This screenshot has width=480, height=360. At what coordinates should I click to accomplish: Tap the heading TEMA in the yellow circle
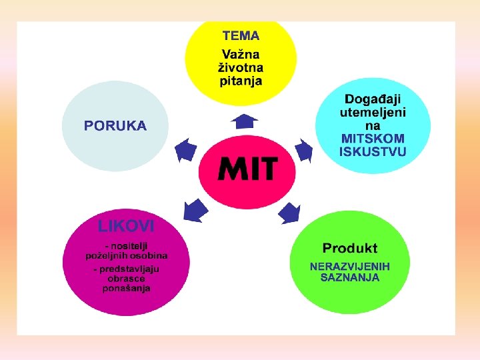(x=241, y=36)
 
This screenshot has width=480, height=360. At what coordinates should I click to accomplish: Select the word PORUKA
(x=115, y=125)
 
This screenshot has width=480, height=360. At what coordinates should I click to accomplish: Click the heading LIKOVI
(x=126, y=226)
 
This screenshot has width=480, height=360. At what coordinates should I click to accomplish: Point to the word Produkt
(x=350, y=248)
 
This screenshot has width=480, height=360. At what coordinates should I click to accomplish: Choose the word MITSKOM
(x=373, y=138)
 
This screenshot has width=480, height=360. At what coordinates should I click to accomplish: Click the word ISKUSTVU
(x=373, y=151)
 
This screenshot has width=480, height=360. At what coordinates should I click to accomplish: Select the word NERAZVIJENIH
(x=350, y=266)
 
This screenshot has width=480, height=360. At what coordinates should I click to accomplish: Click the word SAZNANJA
(x=350, y=277)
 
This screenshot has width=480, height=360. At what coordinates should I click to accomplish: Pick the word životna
(x=241, y=67)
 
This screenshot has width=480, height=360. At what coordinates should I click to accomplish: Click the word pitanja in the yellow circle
(x=241, y=81)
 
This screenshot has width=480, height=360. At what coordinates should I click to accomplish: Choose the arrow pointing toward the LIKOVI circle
(x=196, y=210)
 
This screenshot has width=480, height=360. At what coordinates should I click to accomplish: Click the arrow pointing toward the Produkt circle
(x=289, y=213)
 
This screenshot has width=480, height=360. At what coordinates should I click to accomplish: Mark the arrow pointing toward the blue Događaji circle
(x=303, y=151)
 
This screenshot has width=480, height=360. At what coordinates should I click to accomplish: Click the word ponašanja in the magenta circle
(x=127, y=288)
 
